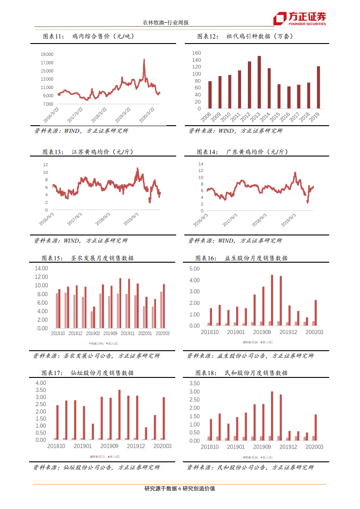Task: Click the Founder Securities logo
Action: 299,18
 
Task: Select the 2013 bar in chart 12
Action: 259,82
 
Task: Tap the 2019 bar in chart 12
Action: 318,87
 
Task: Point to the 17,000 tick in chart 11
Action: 47,62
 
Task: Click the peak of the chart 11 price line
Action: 144,59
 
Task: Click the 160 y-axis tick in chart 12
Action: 196,53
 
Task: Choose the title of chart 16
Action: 242,258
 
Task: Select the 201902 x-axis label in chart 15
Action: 93,333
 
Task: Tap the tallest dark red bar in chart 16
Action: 272,300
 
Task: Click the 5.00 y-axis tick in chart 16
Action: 194,269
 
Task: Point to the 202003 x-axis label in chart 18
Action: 315,447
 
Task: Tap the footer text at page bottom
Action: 179,489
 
